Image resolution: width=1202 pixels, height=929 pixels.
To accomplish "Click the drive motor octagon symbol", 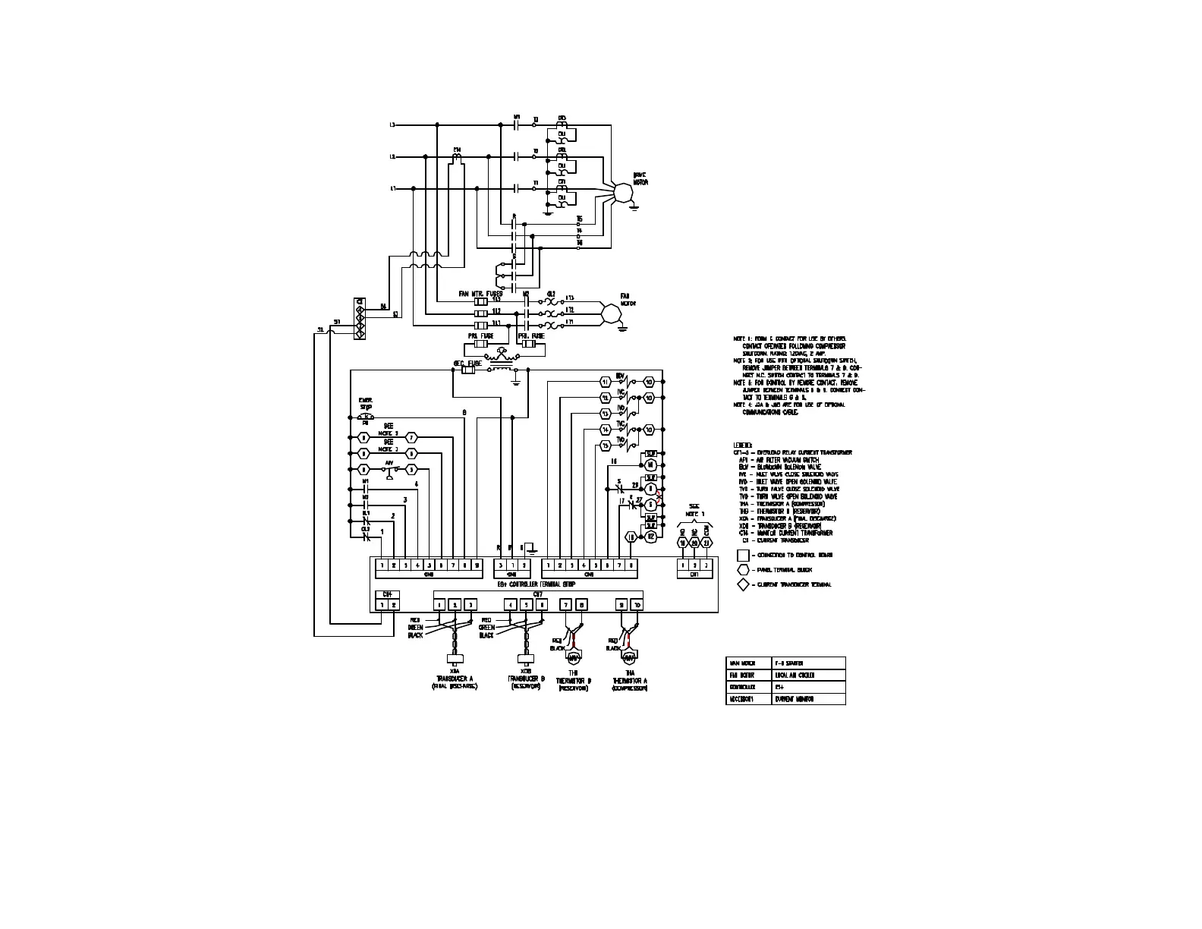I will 622,191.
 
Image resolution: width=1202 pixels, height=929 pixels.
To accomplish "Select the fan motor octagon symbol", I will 609,313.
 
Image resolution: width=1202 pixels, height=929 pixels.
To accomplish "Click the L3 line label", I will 392,124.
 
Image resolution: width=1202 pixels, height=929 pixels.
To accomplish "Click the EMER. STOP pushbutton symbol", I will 366,416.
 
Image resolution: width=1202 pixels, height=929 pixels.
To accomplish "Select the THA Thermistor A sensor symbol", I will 628,656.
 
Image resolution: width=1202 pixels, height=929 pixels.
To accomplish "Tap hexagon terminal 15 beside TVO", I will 605,445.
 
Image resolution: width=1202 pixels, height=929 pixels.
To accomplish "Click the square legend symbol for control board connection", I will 743,555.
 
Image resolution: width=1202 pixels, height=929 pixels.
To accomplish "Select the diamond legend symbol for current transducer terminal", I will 743,584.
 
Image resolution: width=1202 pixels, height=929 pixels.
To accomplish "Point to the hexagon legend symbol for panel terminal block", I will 743,569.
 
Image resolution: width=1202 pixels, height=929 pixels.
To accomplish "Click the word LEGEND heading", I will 742,445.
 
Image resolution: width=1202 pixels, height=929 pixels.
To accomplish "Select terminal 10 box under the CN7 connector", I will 637,605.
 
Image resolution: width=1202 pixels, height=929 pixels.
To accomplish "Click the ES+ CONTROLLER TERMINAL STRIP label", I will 536,584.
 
